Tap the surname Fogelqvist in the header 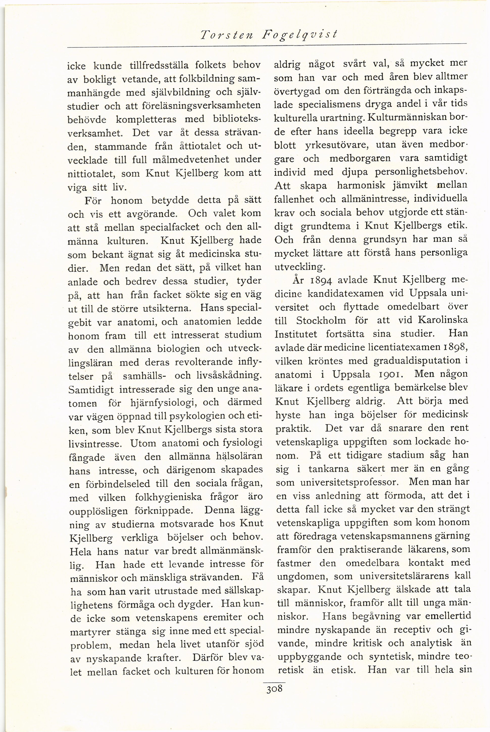(x=300, y=35)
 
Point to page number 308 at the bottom (x=274, y=689)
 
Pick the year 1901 (x=389, y=374)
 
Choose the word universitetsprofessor (x=349, y=482)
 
